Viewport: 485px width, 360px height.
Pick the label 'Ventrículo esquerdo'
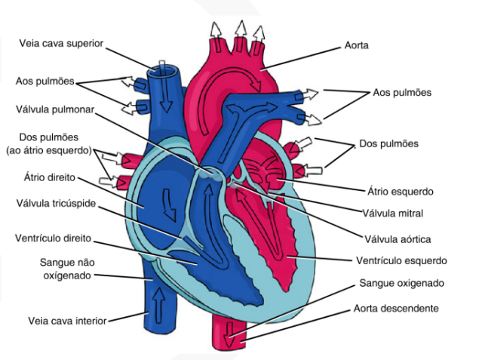[401, 260]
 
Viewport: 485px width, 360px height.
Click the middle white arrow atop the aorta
[241, 32]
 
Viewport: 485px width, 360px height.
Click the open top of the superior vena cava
[164, 70]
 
